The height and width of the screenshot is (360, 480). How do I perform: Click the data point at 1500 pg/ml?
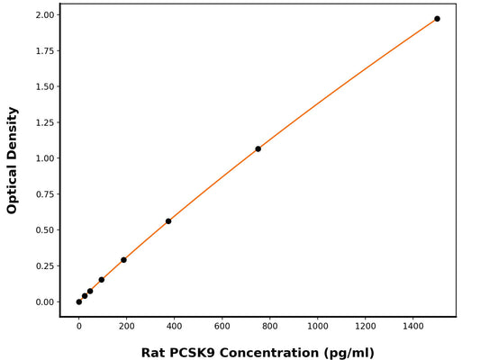click(x=438, y=19)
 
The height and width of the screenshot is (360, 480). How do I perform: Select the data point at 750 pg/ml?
click(x=258, y=148)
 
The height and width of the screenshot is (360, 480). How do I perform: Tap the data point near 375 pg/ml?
click(x=168, y=221)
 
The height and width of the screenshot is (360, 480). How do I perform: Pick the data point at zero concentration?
click(x=79, y=301)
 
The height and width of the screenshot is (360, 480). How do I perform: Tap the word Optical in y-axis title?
click(x=13, y=188)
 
